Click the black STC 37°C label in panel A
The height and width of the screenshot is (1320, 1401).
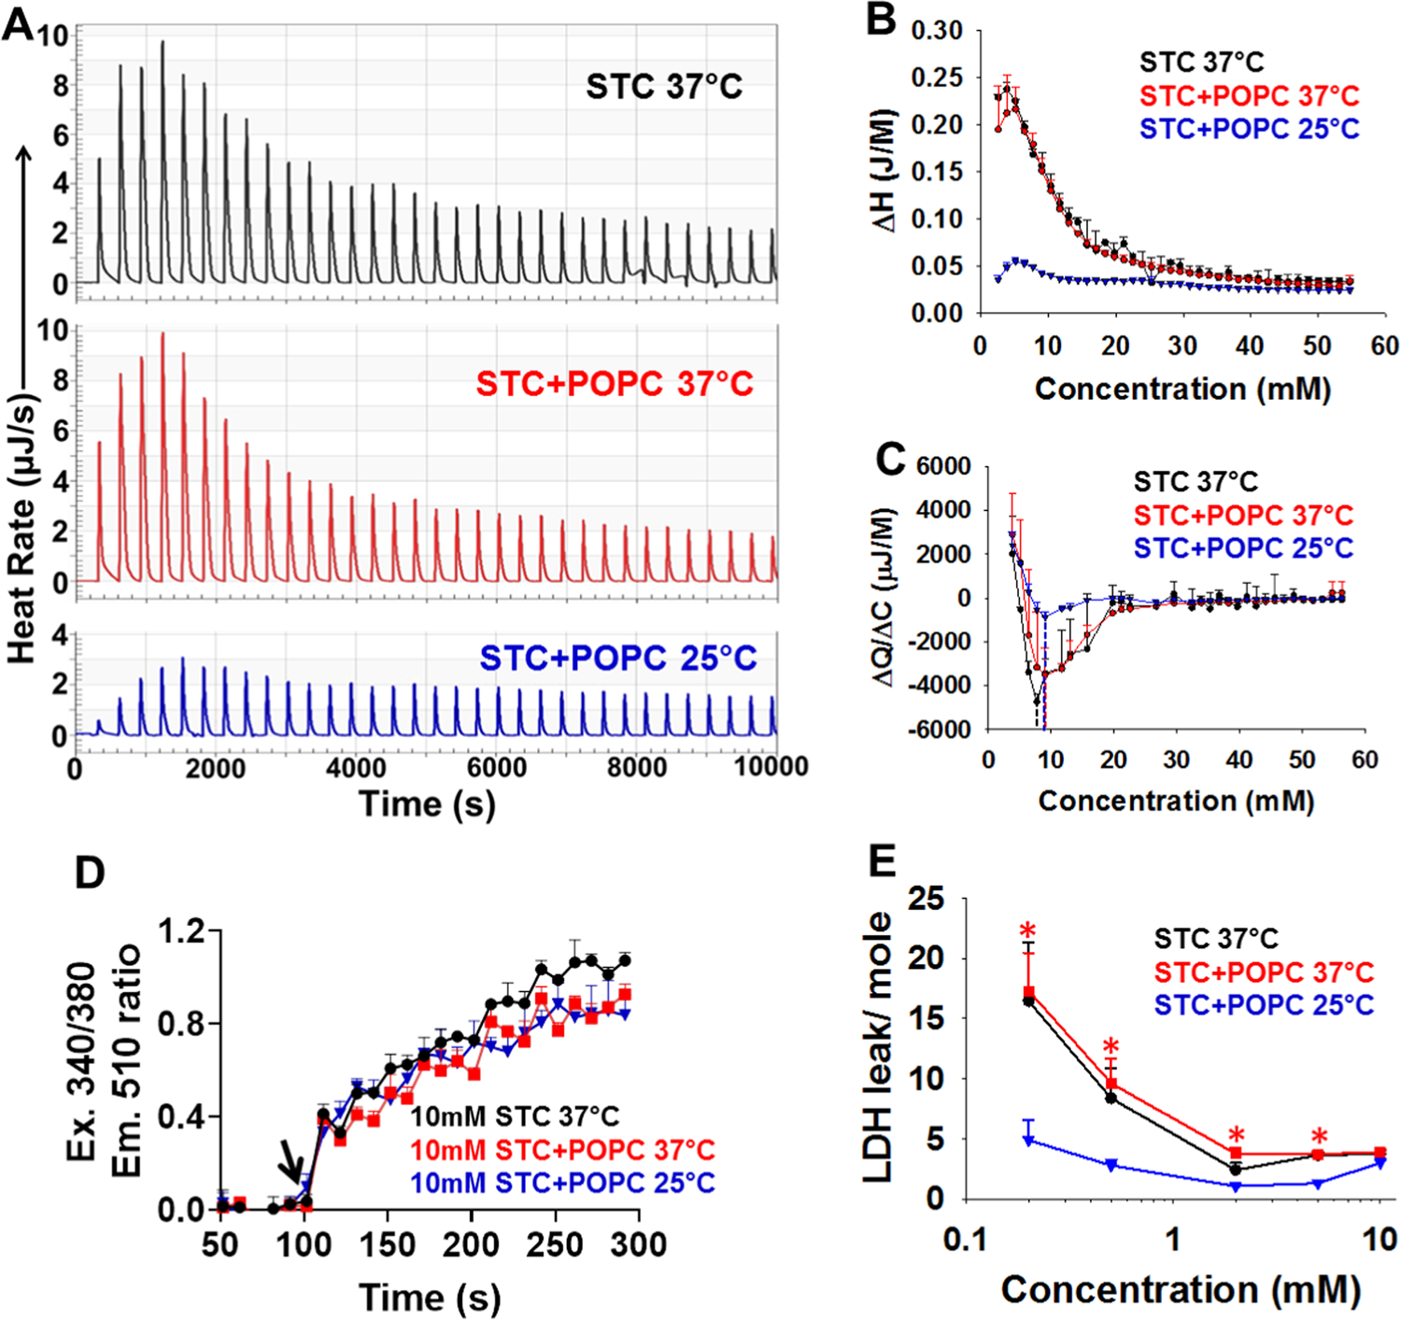coord(663,87)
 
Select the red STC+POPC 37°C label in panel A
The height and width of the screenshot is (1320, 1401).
coord(614,384)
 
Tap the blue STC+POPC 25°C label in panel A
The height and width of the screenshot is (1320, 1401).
coord(617,658)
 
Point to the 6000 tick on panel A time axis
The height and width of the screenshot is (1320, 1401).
coord(496,767)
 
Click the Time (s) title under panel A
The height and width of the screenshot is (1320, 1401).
coord(427,804)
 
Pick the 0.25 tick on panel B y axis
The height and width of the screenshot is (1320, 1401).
coord(937,78)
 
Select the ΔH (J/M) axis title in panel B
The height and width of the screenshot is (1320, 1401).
coord(883,171)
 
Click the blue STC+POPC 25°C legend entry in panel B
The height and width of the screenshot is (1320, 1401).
coord(1249,129)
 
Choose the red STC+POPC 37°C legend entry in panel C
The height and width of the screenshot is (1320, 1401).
coord(1243,515)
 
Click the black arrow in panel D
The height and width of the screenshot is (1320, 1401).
coord(292,1165)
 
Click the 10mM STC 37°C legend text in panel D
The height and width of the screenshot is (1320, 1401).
coord(515,1116)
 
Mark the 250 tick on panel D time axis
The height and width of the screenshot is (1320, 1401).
coord(556,1245)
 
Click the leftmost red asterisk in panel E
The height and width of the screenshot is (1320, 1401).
coord(1028,931)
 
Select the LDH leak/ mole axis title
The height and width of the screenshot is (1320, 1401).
coord(877,1046)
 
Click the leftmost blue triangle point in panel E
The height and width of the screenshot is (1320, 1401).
coord(1028,1141)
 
